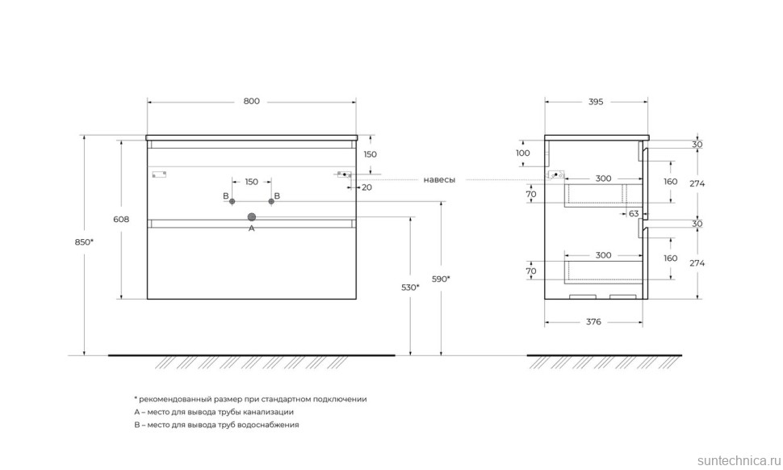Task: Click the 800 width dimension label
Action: (x=252, y=102)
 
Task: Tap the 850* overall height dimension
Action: (x=84, y=242)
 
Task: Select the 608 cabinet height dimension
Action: (x=121, y=220)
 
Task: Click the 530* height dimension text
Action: (x=411, y=287)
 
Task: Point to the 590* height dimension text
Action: (x=441, y=279)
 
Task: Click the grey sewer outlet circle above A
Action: (x=252, y=216)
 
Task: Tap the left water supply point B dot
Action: (x=232, y=201)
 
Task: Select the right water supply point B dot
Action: (x=271, y=201)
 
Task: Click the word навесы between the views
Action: (x=439, y=180)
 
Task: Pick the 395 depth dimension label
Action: (x=596, y=102)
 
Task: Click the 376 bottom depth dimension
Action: (x=594, y=322)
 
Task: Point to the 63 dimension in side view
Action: (x=634, y=214)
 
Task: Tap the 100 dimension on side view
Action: (x=523, y=153)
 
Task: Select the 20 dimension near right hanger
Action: (x=367, y=188)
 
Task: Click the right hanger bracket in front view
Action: (x=344, y=174)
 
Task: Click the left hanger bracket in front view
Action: (x=159, y=174)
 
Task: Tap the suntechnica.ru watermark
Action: (x=739, y=460)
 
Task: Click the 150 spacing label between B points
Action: (x=252, y=182)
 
